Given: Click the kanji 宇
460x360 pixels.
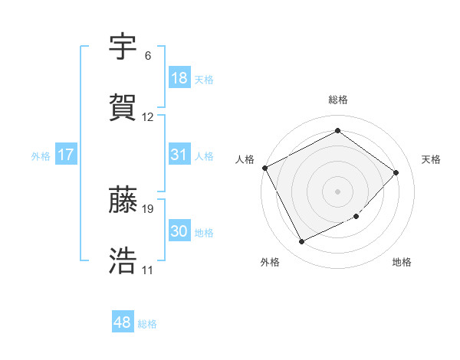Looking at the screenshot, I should pos(123,47).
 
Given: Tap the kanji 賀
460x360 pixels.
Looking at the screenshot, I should pos(123,109).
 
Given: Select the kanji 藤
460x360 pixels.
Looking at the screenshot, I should pos(123,200).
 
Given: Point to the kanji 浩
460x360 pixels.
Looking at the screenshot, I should pos(123,261).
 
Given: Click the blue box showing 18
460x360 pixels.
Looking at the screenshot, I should pos(179,77).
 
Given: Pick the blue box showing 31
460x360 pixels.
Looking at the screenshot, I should pos(179,155).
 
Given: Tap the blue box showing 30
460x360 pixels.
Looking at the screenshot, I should pos(179,231).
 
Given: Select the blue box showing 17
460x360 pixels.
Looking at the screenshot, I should pos(66,155).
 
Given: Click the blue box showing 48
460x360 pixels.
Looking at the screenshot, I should pos(123,322).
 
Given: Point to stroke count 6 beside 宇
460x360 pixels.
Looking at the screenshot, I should pos(147,56).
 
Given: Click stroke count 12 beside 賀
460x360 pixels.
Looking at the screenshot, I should pos(148,117).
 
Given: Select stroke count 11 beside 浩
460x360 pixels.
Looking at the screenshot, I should pos(147,270).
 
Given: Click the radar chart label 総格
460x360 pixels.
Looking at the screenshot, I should pos(338,100).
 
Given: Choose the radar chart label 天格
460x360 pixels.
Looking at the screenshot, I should pos(431,159).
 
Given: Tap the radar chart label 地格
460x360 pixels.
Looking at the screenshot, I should pos(402,263).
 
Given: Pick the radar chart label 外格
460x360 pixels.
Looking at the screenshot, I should pos(270,263).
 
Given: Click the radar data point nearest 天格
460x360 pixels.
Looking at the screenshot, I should pos(396,172).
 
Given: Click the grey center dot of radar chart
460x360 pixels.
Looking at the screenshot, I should pos(338,191).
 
